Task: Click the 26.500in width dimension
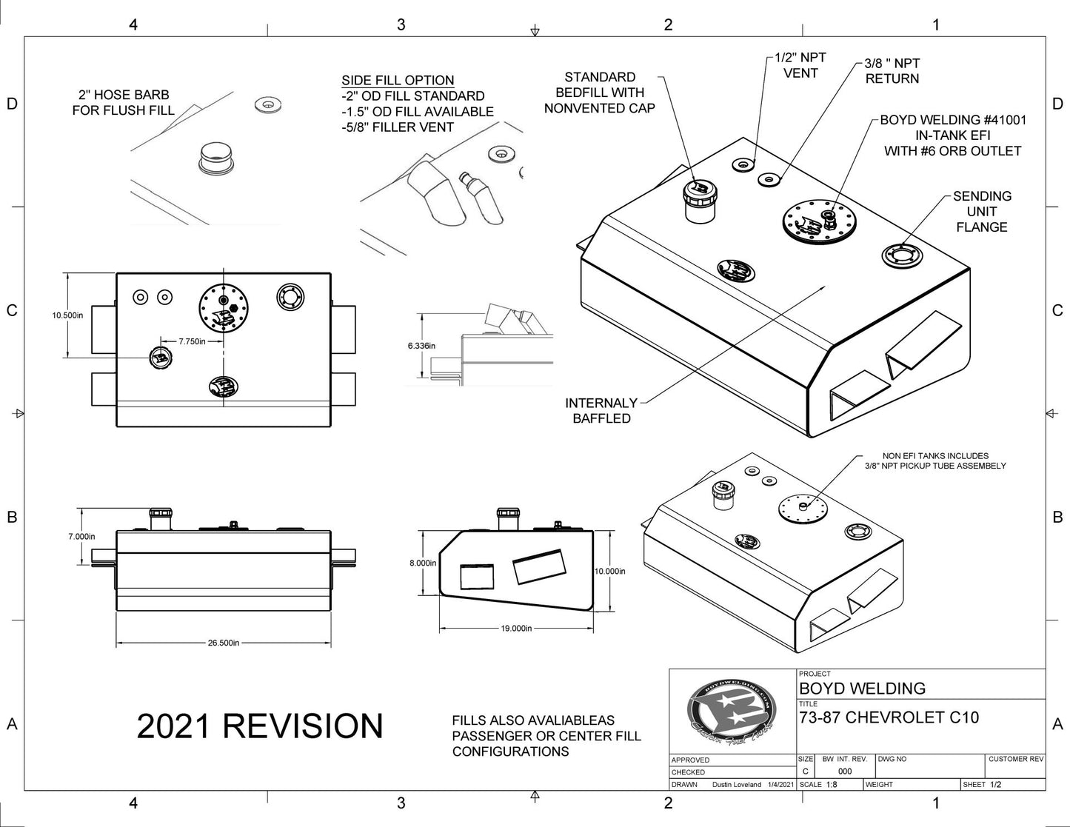[223, 643]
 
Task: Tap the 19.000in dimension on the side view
[516, 628]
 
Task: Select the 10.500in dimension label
[67, 315]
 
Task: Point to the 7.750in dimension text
[191, 342]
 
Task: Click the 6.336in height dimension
[421, 345]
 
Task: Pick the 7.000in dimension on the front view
[81, 536]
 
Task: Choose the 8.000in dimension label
[423, 563]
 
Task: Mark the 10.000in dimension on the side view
[610, 571]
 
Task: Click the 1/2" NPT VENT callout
[800, 65]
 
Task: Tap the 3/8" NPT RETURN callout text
[892, 71]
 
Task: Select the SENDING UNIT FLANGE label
[982, 212]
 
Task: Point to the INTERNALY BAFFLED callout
[601, 411]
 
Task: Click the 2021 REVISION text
[260, 726]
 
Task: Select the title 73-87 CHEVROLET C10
[889, 717]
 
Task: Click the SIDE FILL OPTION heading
[398, 81]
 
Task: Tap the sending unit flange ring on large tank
[904, 256]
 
